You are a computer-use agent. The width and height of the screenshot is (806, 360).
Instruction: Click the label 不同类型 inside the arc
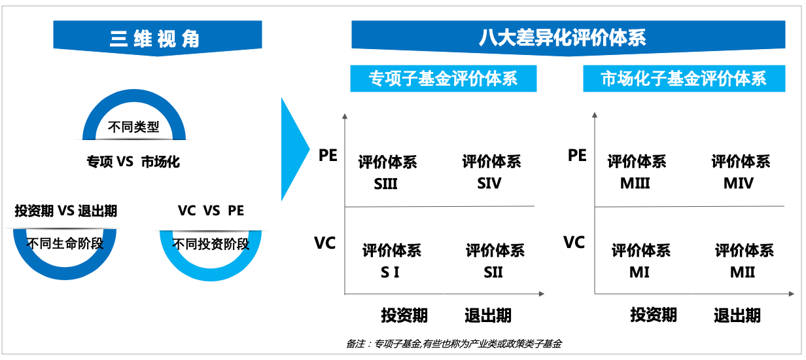click(133, 126)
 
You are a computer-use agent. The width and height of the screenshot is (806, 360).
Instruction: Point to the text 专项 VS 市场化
click(133, 162)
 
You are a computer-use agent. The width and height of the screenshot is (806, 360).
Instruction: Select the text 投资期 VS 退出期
click(66, 211)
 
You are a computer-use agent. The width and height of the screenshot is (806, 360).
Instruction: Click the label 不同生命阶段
click(65, 244)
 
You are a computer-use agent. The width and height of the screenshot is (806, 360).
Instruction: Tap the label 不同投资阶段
click(211, 244)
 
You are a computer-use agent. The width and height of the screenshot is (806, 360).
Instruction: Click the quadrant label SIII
click(386, 184)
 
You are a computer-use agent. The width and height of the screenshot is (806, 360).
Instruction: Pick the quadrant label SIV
click(489, 184)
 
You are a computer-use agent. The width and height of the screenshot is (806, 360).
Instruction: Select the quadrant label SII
click(493, 272)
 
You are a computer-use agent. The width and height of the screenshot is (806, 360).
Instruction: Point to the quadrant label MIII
click(635, 184)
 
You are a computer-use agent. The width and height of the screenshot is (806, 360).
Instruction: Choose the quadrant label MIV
click(739, 184)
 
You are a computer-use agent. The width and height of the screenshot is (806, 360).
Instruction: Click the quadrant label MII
click(743, 272)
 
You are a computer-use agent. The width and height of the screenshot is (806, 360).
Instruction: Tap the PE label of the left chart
click(328, 156)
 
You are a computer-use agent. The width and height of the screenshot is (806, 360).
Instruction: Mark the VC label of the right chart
click(574, 243)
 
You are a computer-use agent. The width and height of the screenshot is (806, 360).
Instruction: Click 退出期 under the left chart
click(487, 315)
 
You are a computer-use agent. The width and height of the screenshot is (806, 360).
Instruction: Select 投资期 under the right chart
click(654, 315)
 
